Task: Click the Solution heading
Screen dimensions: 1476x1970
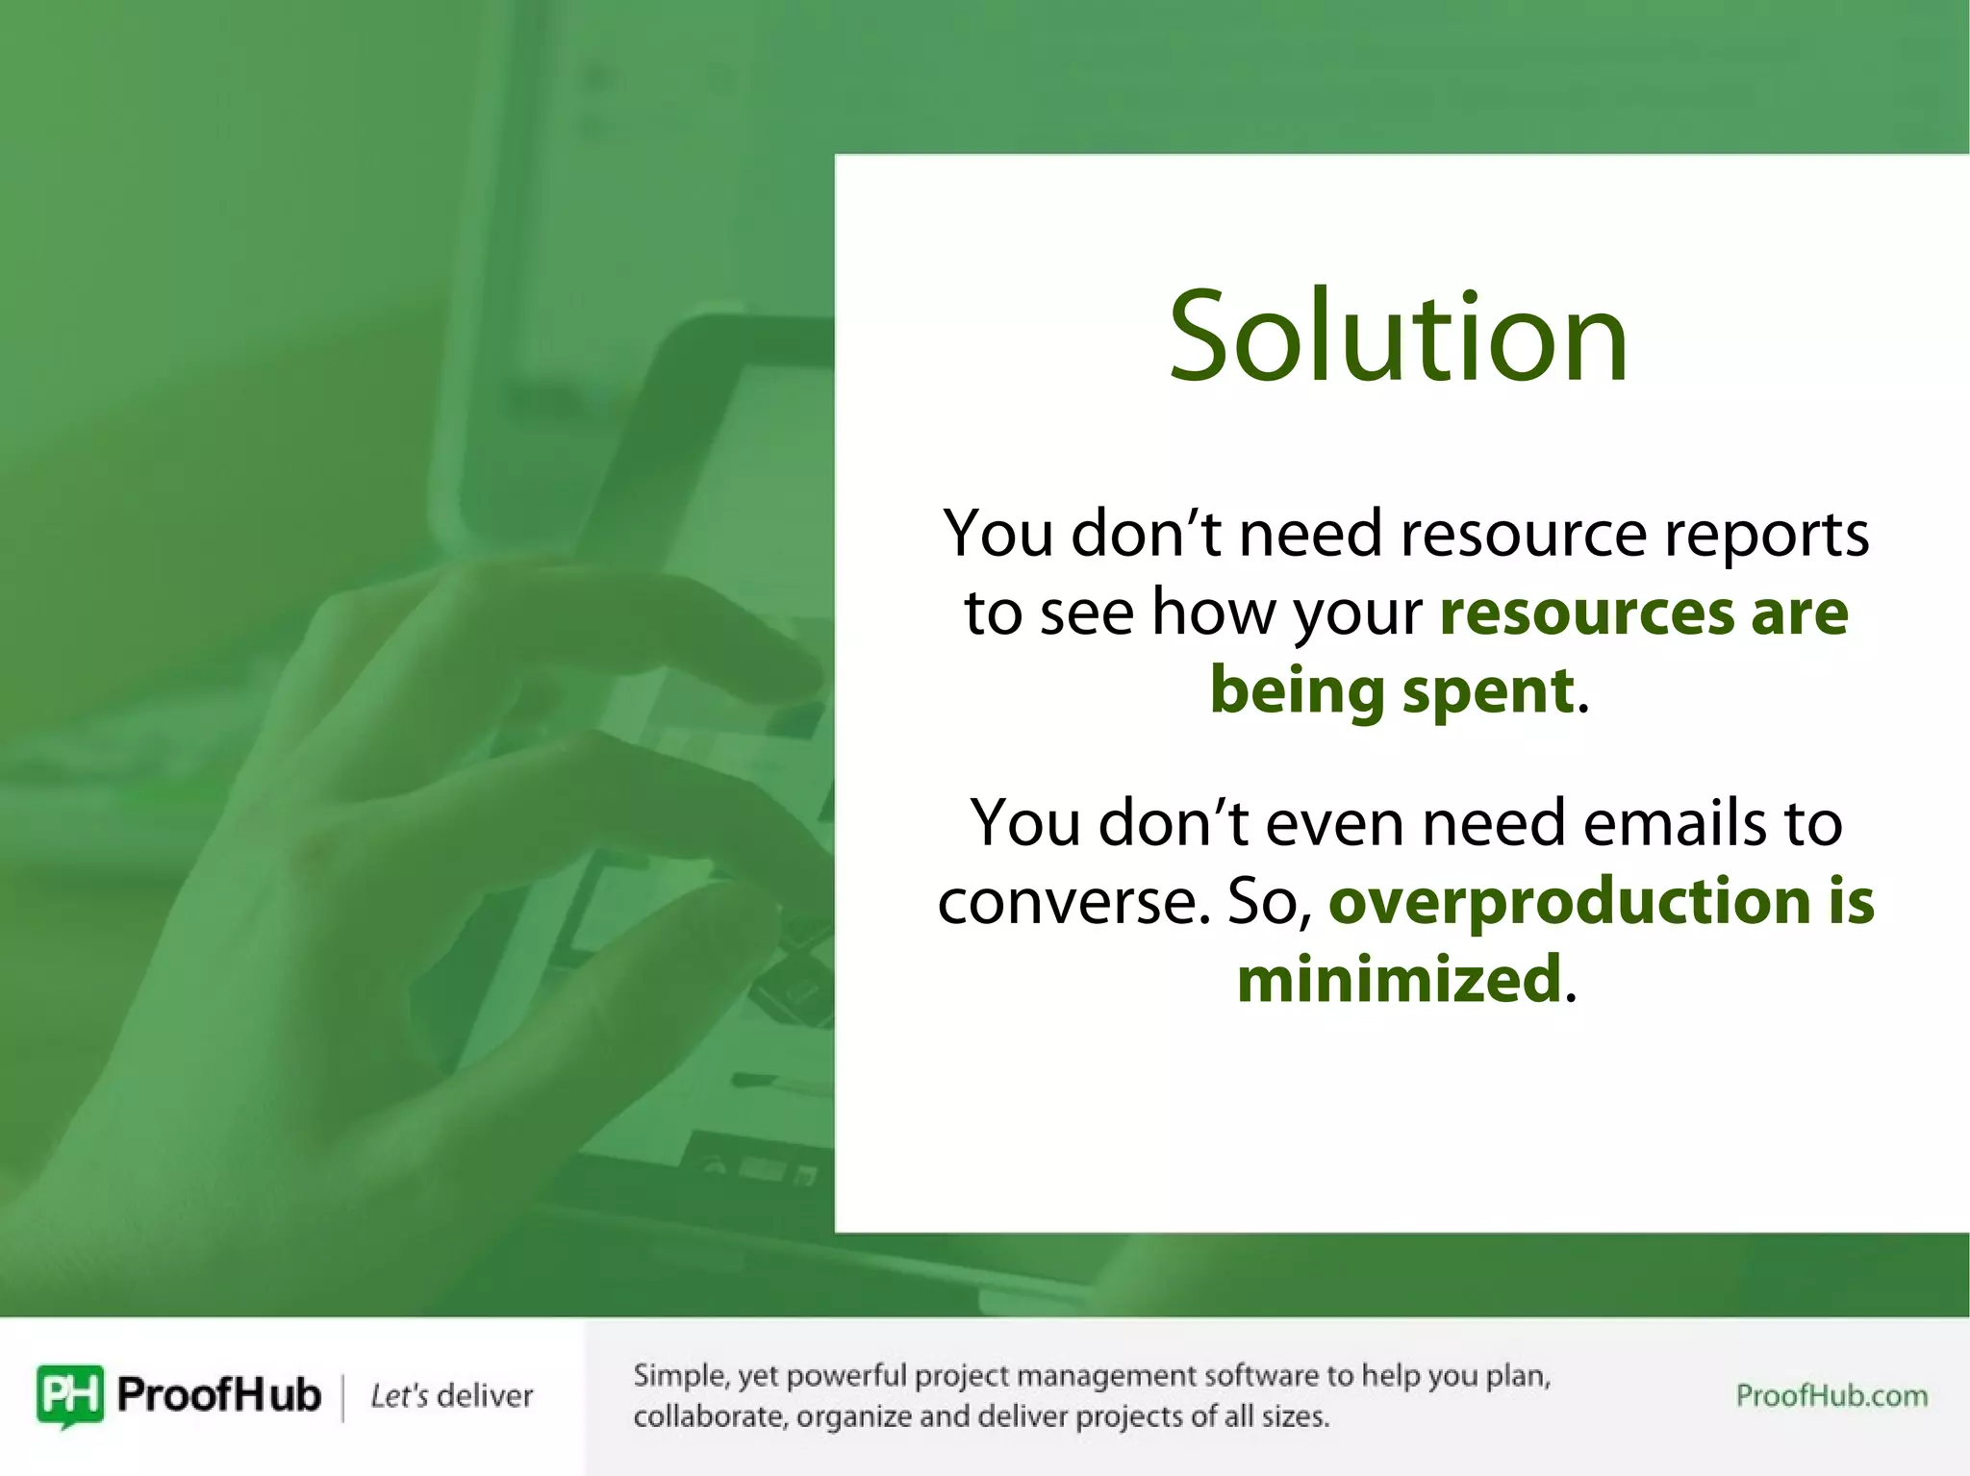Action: [1398, 337]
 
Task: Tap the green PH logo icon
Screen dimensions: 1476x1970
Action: [69, 1394]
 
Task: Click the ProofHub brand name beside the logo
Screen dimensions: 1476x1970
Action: [218, 1394]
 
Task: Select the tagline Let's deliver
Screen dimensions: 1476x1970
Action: [451, 1395]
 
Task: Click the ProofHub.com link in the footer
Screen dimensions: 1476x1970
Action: [1831, 1395]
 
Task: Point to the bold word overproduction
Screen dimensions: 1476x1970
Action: [1569, 901]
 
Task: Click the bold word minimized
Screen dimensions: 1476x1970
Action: [1398, 979]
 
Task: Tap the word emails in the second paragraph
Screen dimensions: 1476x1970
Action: [1675, 823]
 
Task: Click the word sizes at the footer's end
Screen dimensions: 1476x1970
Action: [1299, 1416]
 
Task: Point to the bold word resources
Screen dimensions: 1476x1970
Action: [1587, 613]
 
